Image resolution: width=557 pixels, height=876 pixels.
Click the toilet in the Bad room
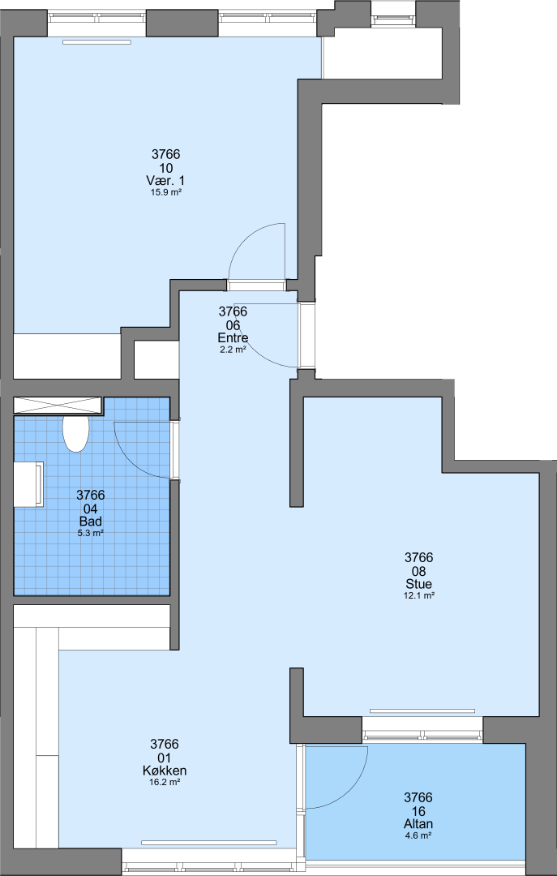75,433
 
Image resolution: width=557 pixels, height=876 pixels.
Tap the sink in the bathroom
29,484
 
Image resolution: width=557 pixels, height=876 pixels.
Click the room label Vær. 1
166,181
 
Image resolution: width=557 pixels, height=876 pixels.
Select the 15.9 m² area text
166,192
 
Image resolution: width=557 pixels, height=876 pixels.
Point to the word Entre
233,338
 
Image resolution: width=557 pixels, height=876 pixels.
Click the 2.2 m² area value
233,350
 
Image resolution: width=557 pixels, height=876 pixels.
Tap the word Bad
91,522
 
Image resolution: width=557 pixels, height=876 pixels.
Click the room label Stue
418,584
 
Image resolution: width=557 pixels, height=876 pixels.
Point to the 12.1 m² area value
418,596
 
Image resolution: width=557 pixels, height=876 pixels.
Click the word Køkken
165,771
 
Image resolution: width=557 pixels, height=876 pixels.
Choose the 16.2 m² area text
165,783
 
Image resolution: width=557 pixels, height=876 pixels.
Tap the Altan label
418,824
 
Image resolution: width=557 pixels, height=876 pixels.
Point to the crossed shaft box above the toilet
58,406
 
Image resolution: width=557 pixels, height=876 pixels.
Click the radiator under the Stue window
422,711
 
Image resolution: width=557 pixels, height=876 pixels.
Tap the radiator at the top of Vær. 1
96,42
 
